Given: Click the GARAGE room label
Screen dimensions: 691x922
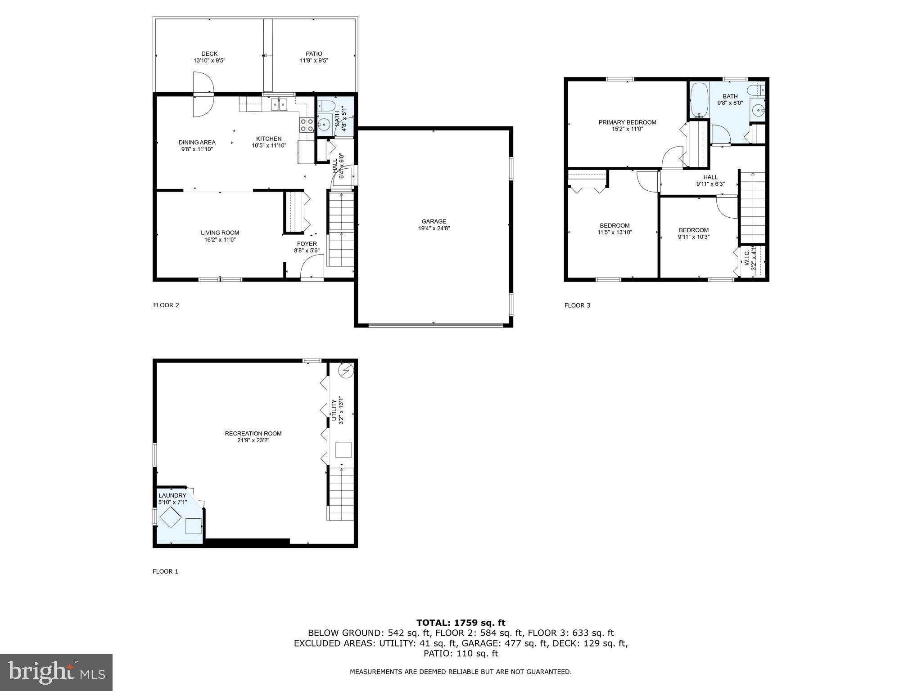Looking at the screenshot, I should pos(434,221).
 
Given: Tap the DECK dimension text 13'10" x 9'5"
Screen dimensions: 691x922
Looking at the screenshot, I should pos(209,60).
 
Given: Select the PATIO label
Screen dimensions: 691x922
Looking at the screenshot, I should pos(314,54).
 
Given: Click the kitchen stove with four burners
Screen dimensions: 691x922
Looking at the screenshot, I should pos(307,125).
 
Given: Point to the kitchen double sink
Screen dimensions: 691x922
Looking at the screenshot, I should pos(279,105).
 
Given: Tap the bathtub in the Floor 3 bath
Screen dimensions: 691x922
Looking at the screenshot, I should pos(699,100).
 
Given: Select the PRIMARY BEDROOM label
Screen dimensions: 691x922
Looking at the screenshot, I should pos(627,122).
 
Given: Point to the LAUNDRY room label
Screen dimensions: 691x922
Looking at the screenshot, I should pos(172,495).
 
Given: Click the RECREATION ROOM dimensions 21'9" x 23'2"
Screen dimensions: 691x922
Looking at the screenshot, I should pos(253,440).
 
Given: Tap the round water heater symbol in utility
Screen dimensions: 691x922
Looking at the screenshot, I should pos(346,371).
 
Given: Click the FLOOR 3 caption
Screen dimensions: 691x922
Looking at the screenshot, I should pos(577,305).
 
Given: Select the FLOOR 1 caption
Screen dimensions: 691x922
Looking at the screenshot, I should pos(165,571).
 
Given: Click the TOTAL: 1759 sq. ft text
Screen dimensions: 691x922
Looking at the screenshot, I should pos(461,623).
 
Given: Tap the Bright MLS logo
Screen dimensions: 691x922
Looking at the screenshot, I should pos(56,672).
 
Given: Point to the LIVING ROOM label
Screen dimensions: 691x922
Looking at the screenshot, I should pos(220,233).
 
